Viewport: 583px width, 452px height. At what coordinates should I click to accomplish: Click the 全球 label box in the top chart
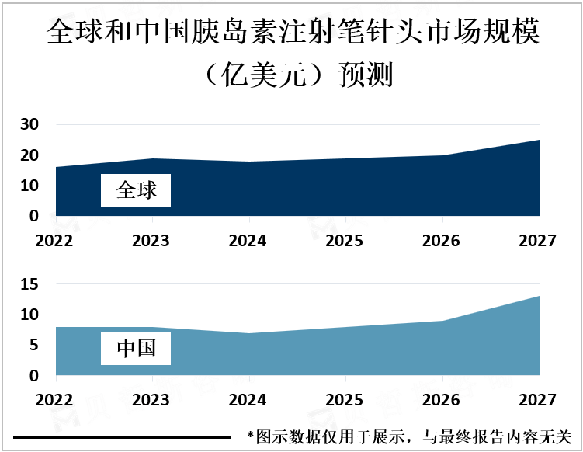click(x=136, y=190)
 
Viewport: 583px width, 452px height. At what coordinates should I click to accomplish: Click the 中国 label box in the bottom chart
click(x=136, y=349)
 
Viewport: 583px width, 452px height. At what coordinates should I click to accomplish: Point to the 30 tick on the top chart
click(x=29, y=124)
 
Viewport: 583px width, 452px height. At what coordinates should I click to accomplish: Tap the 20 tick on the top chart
click(x=29, y=155)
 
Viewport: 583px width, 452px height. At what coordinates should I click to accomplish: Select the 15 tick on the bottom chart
click(x=29, y=284)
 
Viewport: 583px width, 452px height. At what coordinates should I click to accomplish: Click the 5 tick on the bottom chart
click(x=33, y=346)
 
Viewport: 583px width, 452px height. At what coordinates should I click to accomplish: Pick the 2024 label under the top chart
click(x=248, y=241)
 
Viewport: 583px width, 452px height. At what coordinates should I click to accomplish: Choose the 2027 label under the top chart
click(x=538, y=241)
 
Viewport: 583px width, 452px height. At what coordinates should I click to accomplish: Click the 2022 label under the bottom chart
click(x=54, y=401)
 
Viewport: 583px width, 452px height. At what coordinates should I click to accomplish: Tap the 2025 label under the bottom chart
click(x=345, y=401)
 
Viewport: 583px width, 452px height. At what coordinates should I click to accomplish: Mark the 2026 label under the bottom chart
click(x=441, y=401)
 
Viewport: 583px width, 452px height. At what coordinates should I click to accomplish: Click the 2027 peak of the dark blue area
click(x=538, y=141)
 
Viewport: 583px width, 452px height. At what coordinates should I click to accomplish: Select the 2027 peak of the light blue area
click(x=538, y=297)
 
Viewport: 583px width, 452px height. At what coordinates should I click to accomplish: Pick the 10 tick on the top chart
click(x=29, y=186)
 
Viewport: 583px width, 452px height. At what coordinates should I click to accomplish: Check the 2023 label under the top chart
click(x=151, y=241)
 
